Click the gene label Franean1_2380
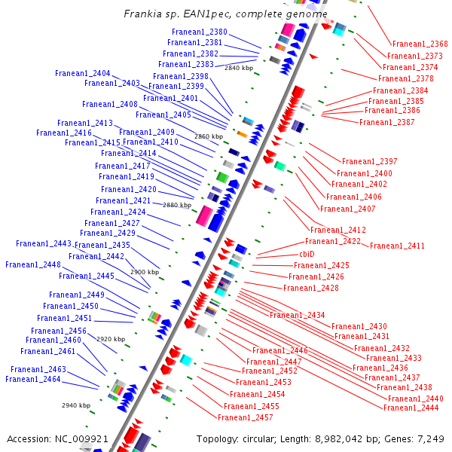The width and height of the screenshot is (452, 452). (199, 32)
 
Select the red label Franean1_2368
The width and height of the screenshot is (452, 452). (420, 44)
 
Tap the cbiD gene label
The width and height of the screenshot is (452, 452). (307, 254)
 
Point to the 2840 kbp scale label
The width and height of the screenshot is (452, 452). (239, 68)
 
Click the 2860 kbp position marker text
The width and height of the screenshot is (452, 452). (209, 136)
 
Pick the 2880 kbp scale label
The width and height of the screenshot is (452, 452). (176, 205)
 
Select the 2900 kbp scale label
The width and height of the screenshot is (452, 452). (144, 272)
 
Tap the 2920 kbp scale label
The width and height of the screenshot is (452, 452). (110, 339)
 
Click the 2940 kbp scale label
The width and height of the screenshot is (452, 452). (76, 405)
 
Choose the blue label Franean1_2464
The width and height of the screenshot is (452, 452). (32, 379)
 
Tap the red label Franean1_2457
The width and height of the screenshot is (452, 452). (245, 417)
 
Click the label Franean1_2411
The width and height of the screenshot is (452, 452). (397, 246)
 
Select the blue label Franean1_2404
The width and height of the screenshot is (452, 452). (82, 73)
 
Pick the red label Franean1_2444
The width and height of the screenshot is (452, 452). (411, 408)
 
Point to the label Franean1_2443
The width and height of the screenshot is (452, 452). (44, 243)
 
